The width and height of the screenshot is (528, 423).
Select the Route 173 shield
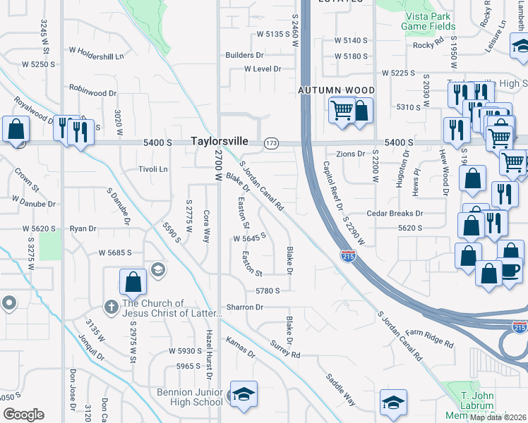[x=271, y=142]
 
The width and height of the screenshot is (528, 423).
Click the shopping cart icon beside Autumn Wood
[x=342, y=110]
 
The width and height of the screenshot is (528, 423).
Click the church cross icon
[x=111, y=307]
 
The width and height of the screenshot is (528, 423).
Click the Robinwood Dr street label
[x=92, y=92]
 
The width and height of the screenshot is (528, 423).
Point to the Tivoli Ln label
[x=153, y=169]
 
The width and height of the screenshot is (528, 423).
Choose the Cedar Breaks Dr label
[x=394, y=214]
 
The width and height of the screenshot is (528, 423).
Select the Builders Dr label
[x=244, y=55]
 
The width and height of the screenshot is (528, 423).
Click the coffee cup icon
[x=510, y=270]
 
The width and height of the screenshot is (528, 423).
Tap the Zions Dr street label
[x=350, y=154]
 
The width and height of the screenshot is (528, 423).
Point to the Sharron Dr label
[x=244, y=307]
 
